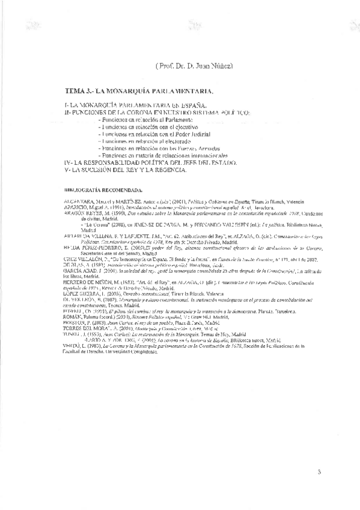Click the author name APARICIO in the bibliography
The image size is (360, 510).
point(75,205)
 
